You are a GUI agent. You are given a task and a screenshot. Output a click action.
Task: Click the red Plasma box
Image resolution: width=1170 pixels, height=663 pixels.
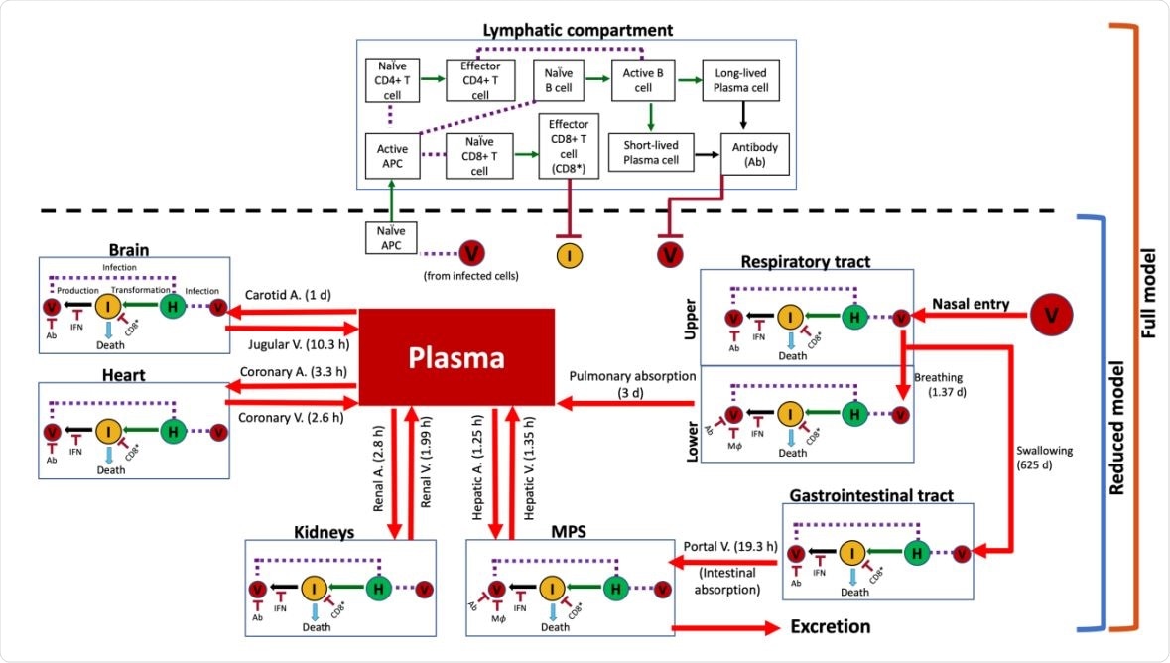(x=455, y=357)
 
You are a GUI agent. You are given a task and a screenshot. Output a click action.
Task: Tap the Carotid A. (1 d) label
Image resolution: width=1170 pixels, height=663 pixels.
(x=289, y=295)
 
